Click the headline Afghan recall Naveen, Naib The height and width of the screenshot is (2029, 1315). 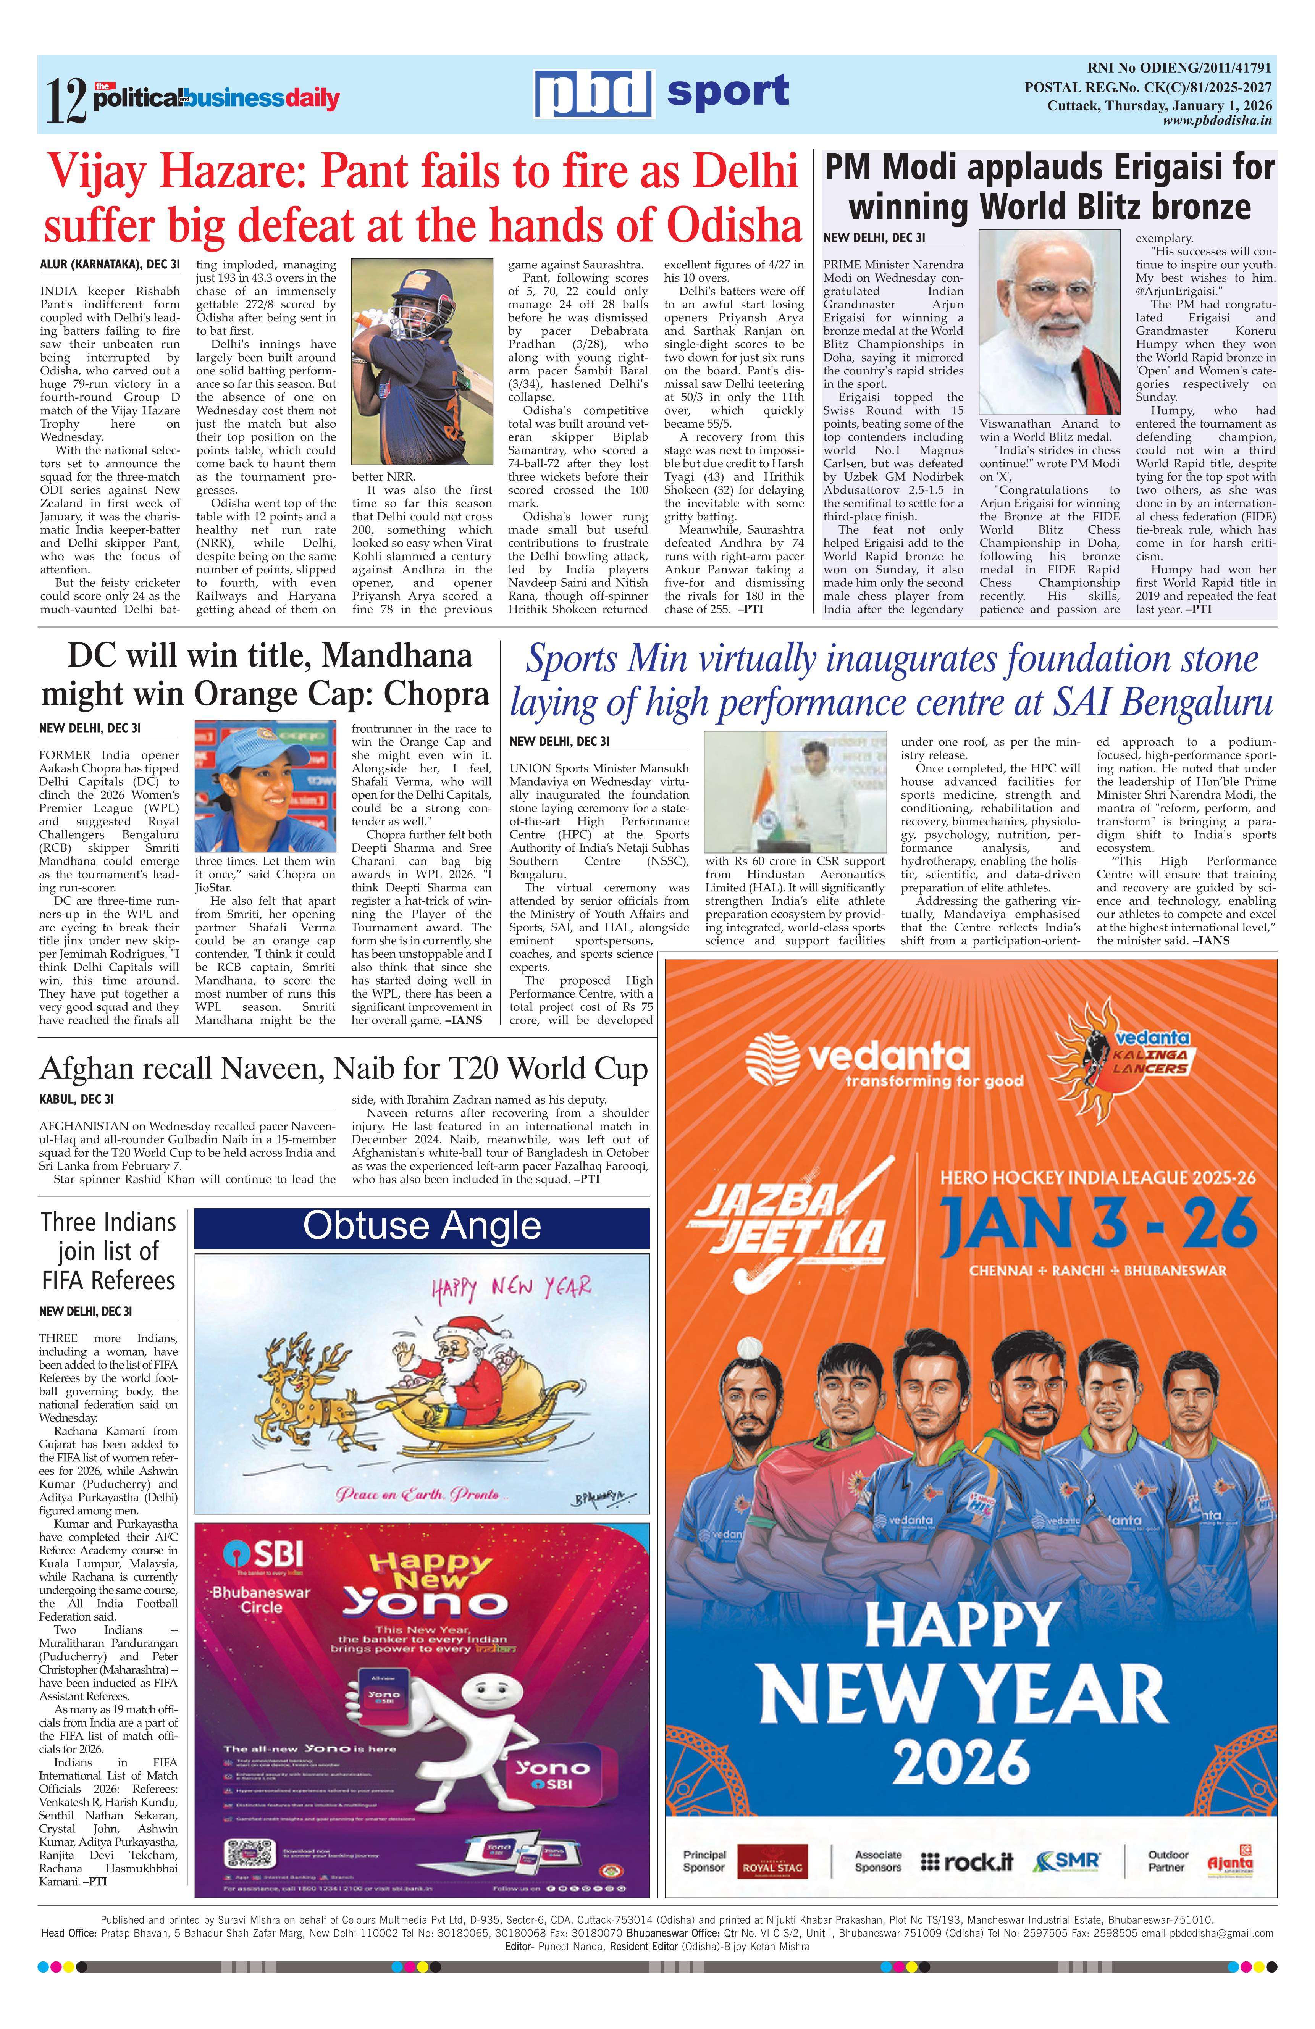tap(344, 1069)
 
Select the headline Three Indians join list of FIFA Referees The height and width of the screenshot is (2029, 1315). tap(108, 1251)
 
